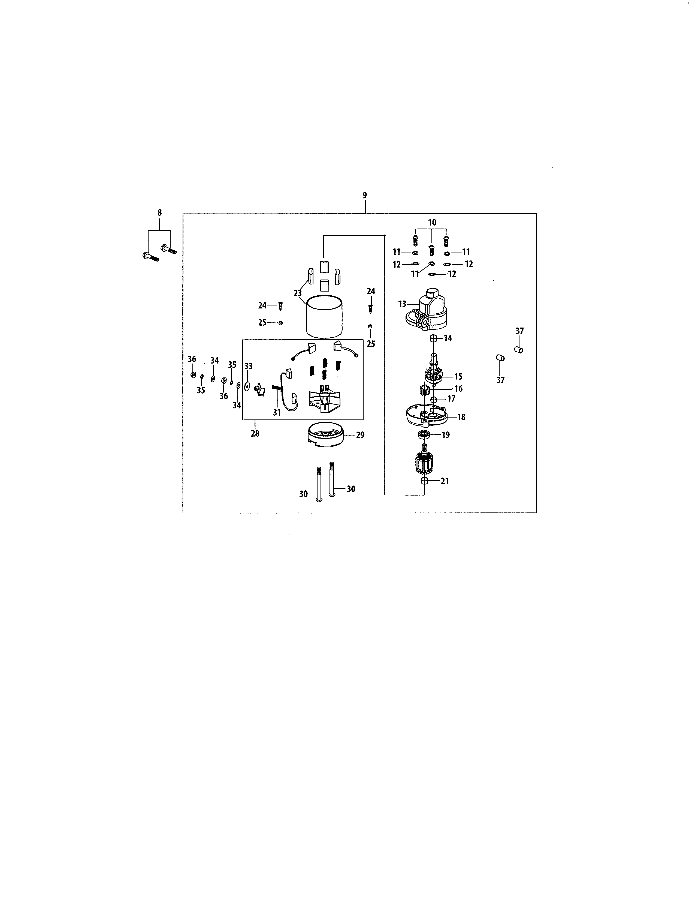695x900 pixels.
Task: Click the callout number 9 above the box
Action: (365, 195)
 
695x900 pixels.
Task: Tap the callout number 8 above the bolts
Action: (159, 213)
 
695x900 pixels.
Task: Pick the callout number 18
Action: (461, 417)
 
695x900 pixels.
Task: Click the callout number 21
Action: (445, 481)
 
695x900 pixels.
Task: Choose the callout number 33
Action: (248, 366)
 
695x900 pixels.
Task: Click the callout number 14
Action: (448, 338)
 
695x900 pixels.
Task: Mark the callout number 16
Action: (458, 389)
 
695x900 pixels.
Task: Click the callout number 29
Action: (360, 435)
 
